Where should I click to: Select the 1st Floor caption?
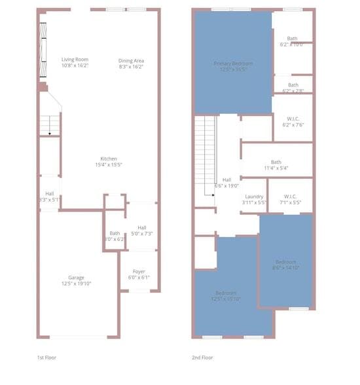tap(47, 357)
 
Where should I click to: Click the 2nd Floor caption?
tap(203, 357)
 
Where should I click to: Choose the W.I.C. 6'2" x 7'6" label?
tap(293, 122)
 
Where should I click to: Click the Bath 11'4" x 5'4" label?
tap(276, 165)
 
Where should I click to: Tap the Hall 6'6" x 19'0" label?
tap(226, 183)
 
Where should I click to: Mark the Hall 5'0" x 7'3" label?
tap(141, 230)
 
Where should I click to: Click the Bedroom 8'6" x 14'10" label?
tap(285, 265)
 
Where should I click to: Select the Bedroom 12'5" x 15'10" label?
tap(226, 295)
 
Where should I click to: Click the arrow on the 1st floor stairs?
tap(50, 132)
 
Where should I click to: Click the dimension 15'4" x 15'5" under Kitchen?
tap(108, 165)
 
